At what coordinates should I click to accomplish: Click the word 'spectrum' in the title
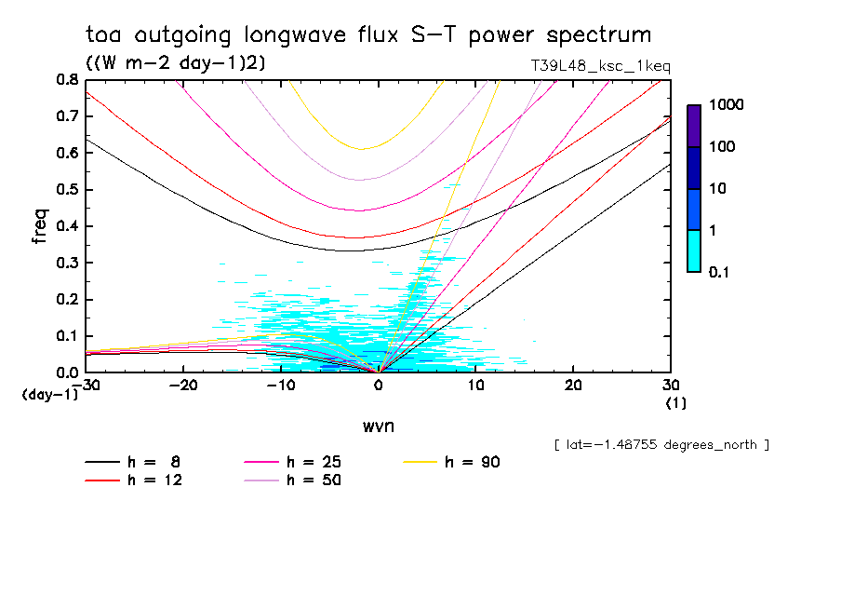tap(601, 35)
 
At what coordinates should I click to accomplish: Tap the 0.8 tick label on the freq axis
tap(67, 80)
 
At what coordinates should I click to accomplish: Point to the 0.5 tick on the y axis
tap(67, 190)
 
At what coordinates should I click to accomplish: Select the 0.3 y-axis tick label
tap(67, 263)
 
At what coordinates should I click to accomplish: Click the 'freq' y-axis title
tap(39, 226)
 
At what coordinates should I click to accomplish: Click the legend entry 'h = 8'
tap(149, 462)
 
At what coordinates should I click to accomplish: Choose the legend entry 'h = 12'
tap(149, 480)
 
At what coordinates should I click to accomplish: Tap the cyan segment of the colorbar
tap(694, 250)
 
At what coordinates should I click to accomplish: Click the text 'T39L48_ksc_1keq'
tap(597, 66)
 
